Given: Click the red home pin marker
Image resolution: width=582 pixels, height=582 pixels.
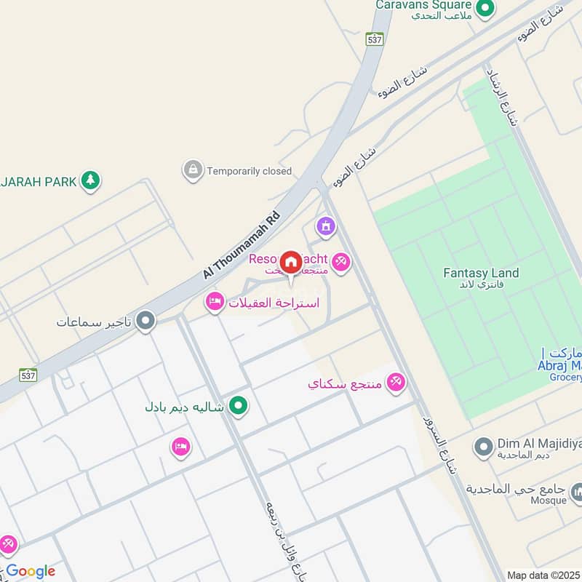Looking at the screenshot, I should pyautogui.click(x=291, y=263).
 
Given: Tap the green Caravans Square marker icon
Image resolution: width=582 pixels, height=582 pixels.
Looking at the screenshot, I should pyautogui.click(x=485, y=9).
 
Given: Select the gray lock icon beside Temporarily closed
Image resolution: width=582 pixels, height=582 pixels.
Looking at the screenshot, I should pyautogui.click(x=193, y=171).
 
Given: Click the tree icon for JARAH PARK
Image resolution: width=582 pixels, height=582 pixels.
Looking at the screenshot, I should pyautogui.click(x=90, y=180).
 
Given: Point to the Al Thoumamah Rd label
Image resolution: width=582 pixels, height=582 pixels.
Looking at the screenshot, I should pyautogui.click(x=241, y=244).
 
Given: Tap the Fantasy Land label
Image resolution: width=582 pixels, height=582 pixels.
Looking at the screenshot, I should pyautogui.click(x=481, y=274).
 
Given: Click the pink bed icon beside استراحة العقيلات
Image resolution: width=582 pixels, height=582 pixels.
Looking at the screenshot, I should pyautogui.click(x=215, y=302).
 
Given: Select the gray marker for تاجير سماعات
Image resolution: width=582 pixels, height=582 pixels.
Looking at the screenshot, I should pyautogui.click(x=146, y=321).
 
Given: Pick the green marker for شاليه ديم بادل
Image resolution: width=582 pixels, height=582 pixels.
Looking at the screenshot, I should pyautogui.click(x=237, y=406).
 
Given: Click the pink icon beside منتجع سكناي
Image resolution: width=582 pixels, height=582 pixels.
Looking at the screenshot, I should pyautogui.click(x=396, y=382).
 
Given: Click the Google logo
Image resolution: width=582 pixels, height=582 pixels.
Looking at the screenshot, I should pyautogui.click(x=31, y=571).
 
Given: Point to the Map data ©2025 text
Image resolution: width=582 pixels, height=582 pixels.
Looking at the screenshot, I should pyautogui.click(x=543, y=575).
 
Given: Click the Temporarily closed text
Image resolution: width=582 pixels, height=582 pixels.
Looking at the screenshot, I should pyautogui.click(x=249, y=172).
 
